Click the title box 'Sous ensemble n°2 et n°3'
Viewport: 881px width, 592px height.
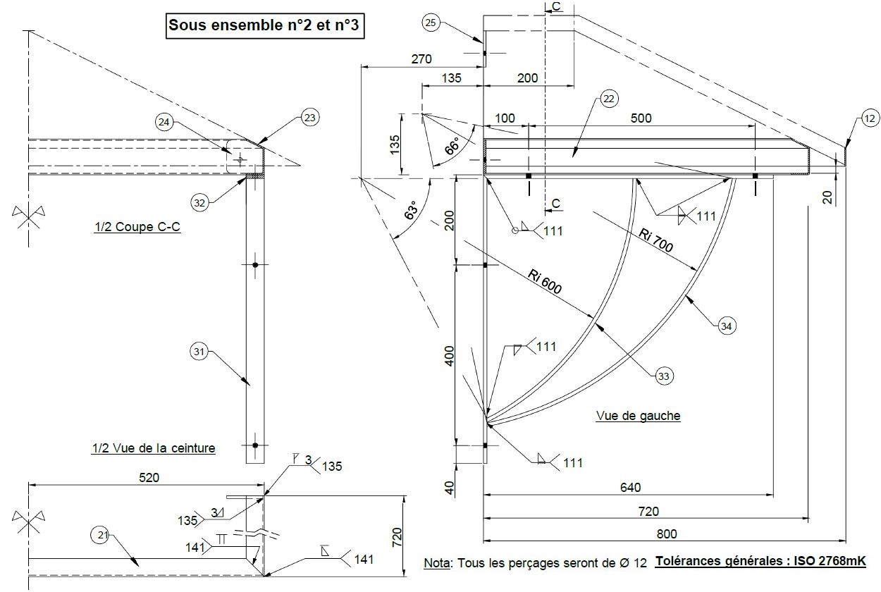point(266,26)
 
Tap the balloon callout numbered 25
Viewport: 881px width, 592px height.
point(432,23)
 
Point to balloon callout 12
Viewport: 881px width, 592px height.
point(870,119)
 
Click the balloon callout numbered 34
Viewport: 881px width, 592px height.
point(727,325)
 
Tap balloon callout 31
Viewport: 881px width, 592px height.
point(200,351)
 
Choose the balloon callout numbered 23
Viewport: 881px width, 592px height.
point(310,116)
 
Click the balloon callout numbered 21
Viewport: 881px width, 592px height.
point(102,536)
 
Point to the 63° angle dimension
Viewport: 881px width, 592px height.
point(409,211)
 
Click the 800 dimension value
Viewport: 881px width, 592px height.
point(666,534)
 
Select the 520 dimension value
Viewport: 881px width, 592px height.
point(149,477)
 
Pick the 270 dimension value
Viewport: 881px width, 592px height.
point(421,59)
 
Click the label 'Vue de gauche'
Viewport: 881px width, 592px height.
point(638,416)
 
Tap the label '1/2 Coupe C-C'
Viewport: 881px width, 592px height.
point(137,228)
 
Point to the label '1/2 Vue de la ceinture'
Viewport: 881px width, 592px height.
point(153,448)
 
